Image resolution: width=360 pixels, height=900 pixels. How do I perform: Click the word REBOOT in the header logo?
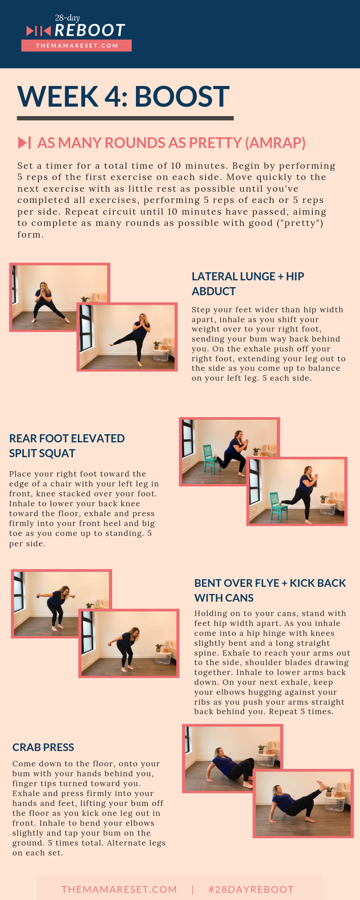(90, 31)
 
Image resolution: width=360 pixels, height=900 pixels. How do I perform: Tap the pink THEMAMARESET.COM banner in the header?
(76, 45)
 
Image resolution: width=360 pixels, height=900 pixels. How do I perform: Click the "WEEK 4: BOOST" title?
(123, 96)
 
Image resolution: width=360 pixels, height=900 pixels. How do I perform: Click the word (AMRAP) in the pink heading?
(275, 143)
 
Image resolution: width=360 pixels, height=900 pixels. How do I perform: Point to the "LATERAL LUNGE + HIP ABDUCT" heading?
(248, 283)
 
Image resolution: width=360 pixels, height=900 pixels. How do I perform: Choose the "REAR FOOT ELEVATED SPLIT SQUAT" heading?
(67, 445)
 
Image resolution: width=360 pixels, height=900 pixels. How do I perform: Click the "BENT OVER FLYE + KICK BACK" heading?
(270, 590)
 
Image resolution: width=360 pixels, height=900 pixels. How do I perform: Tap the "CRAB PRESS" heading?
(43, 747)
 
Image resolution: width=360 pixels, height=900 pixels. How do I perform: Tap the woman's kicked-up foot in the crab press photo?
(322, 783)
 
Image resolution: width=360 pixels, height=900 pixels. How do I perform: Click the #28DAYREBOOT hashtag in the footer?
(251, 889)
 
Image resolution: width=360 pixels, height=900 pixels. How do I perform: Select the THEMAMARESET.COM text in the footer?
(119, 889)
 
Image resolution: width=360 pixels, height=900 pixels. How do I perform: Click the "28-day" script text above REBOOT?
(67, 18)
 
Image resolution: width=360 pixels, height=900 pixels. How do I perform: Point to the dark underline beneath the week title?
(125, 118)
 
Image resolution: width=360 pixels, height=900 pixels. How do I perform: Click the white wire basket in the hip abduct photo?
(161, 355)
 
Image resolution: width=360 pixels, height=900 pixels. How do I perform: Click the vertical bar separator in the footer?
(193, 889)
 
